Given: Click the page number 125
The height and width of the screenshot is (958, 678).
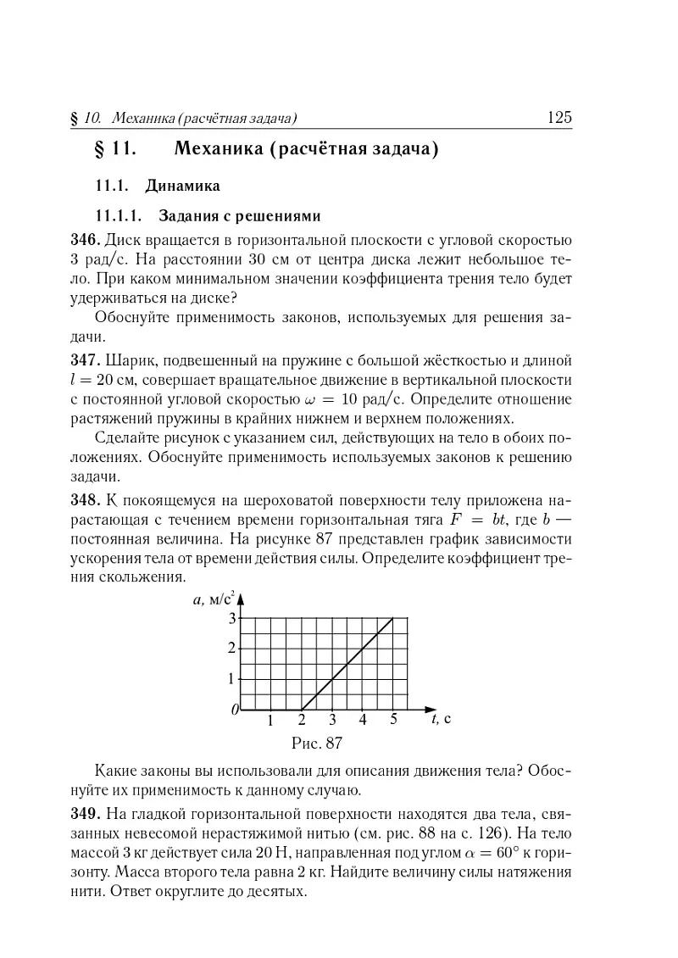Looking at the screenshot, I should click(x=560, y=118).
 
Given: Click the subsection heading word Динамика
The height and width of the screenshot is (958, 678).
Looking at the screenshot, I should click(x=183, y=185).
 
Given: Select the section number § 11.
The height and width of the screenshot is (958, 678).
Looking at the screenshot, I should click(x=114, y=151).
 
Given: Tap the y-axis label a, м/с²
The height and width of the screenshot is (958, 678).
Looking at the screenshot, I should click(x=213, y=600).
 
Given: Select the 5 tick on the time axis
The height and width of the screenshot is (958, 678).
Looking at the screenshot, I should click(x=394, y=721).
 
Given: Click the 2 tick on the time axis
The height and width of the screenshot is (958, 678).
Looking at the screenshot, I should click(x=301, y=721).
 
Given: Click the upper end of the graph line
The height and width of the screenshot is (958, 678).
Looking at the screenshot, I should click(x=393, y=618).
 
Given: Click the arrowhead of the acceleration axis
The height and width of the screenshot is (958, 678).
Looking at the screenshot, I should click(x=241, y=598).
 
